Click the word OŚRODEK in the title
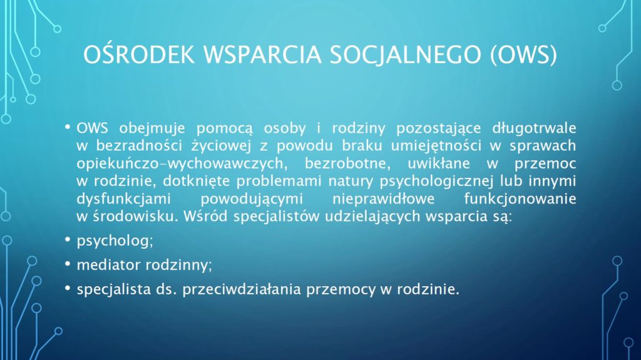(x=139, y=54)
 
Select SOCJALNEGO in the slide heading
(x=406, y=54)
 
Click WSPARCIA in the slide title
(x=262, y=54)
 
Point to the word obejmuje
(x=152, y=128)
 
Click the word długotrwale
(x=534, y=128)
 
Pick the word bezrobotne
(x=347, y=163)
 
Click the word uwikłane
(x=439, y=163)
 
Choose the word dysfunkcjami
(x=124, y=199)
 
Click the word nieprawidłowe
(x=383, y=199)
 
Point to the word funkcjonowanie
(x=520, y=199)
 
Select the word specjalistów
(x=276, y=217)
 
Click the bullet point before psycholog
(x=68, y=239)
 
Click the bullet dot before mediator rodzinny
(x=68, y=264)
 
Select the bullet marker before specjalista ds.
(x=68, y=288)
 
